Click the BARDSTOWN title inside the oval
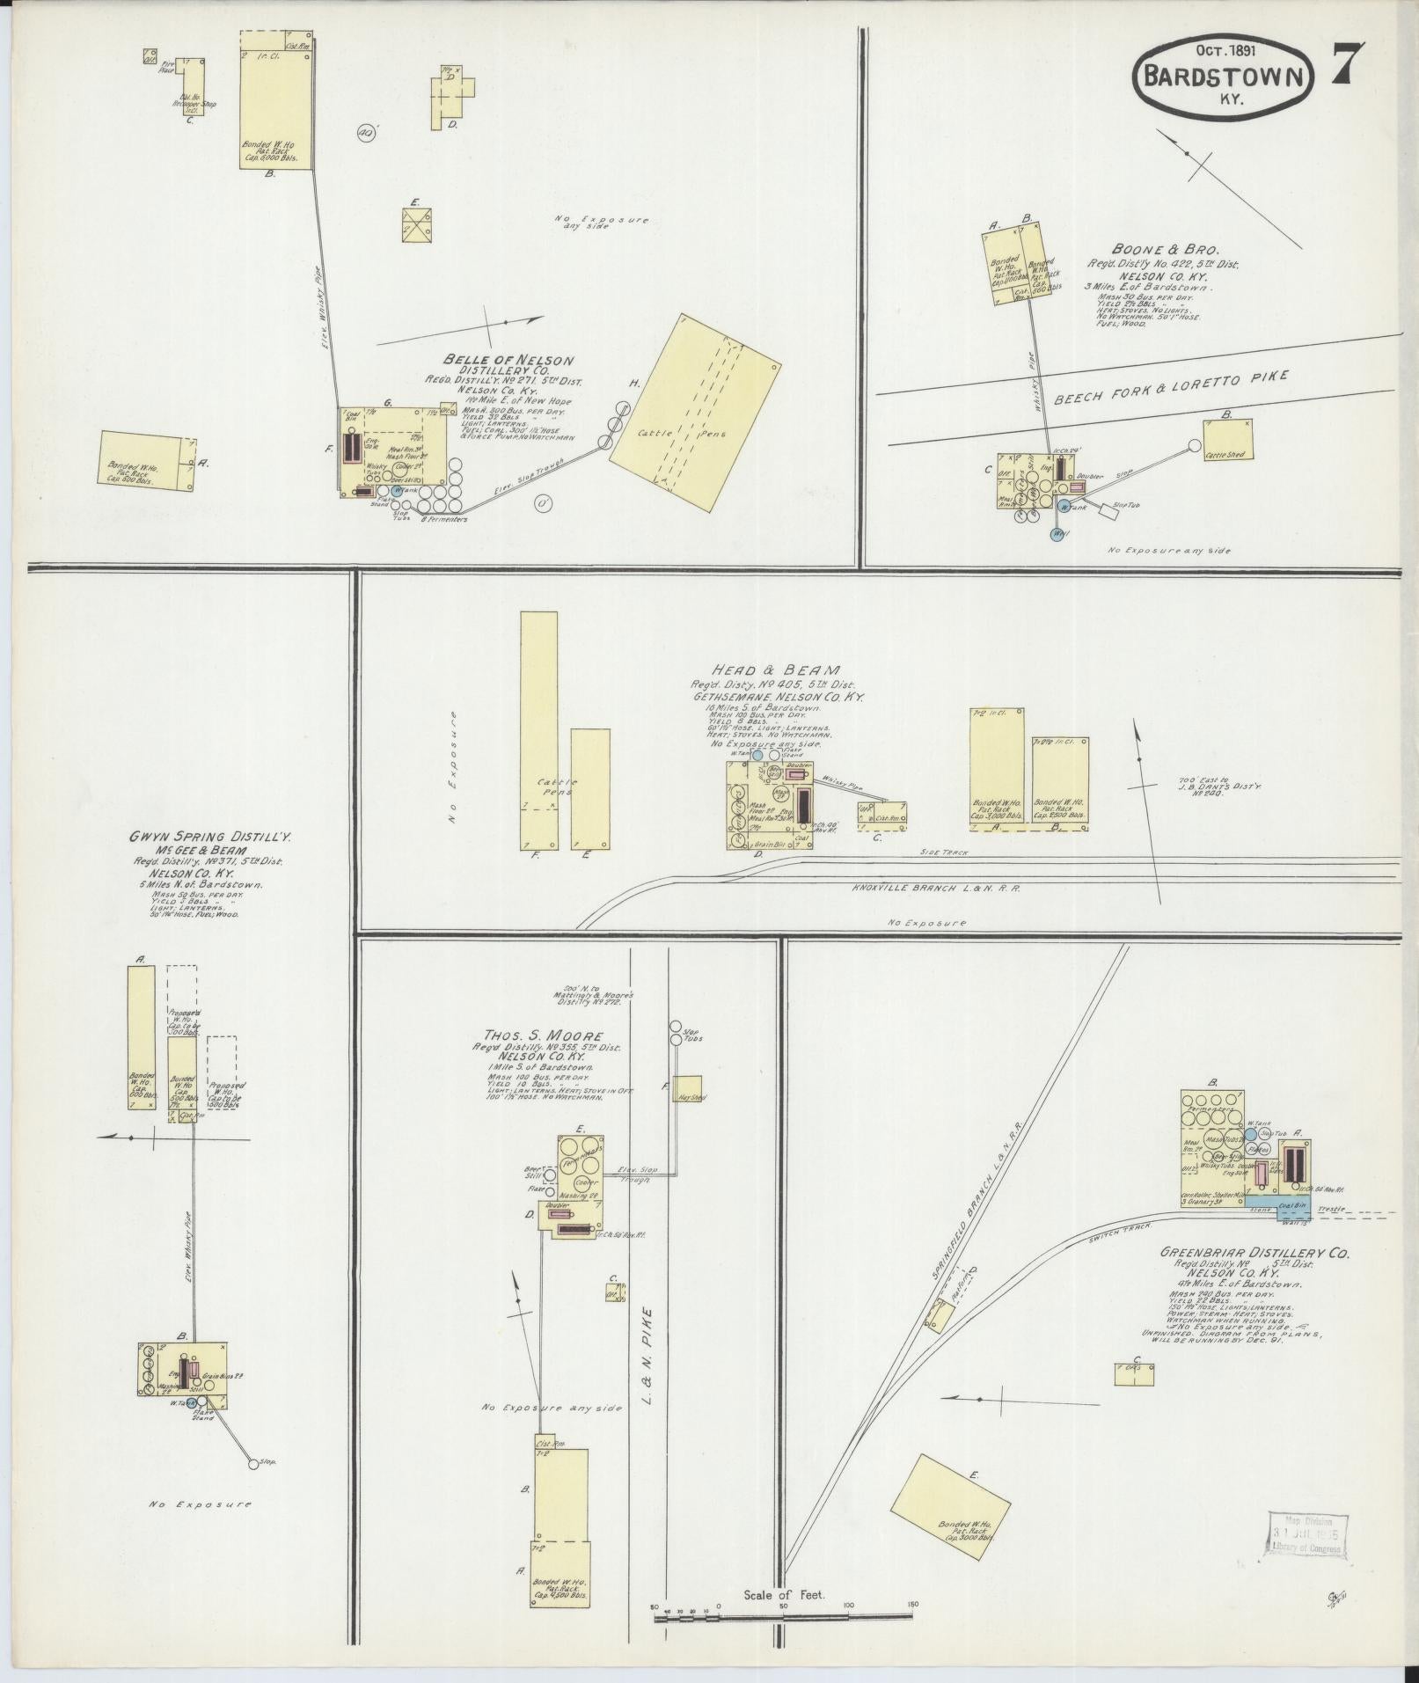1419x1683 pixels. [1224, 77]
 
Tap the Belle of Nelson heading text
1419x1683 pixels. [508, 360]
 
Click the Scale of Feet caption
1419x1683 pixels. [784, 1593]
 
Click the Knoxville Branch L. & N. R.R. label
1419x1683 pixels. [935, 888]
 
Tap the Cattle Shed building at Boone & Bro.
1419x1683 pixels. [1226, 439]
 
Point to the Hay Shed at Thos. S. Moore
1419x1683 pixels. [687, 1089]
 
